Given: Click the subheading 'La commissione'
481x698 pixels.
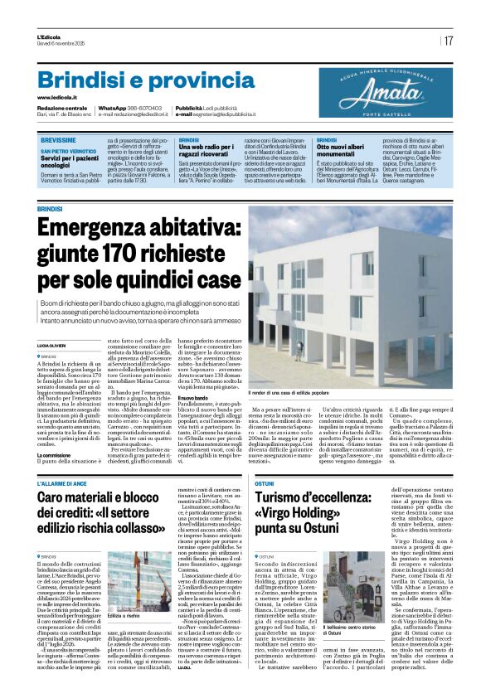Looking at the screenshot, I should click(x=56, y=455).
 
